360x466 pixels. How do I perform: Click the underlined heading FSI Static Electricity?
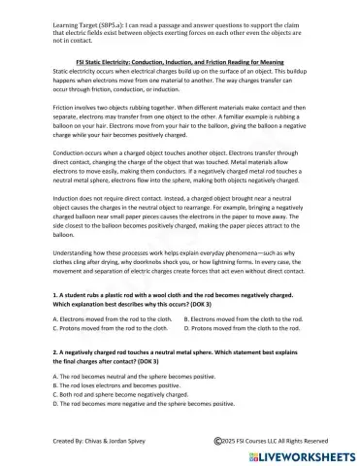coord(179,60)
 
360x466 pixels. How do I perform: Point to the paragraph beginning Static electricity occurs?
coord(180,85)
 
